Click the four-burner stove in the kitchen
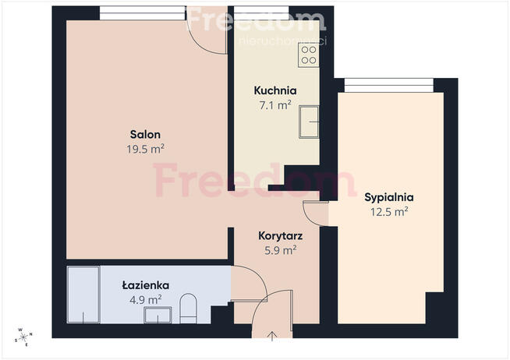pyautogui.click(x=309, y=54)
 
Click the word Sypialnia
pyautogui.click(x=388, y=197)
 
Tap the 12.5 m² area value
pyautogui.click(x=388, y=211)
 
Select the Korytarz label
pyautogui.click(x=281, y=235)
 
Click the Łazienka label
pyautogui.click(x=145, y=285)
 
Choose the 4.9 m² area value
pyautogui.click(x=145, y=298)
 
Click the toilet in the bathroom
pyautogui.click(x=189, y=308)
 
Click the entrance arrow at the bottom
pyautogui.click(x=272, y=337)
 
